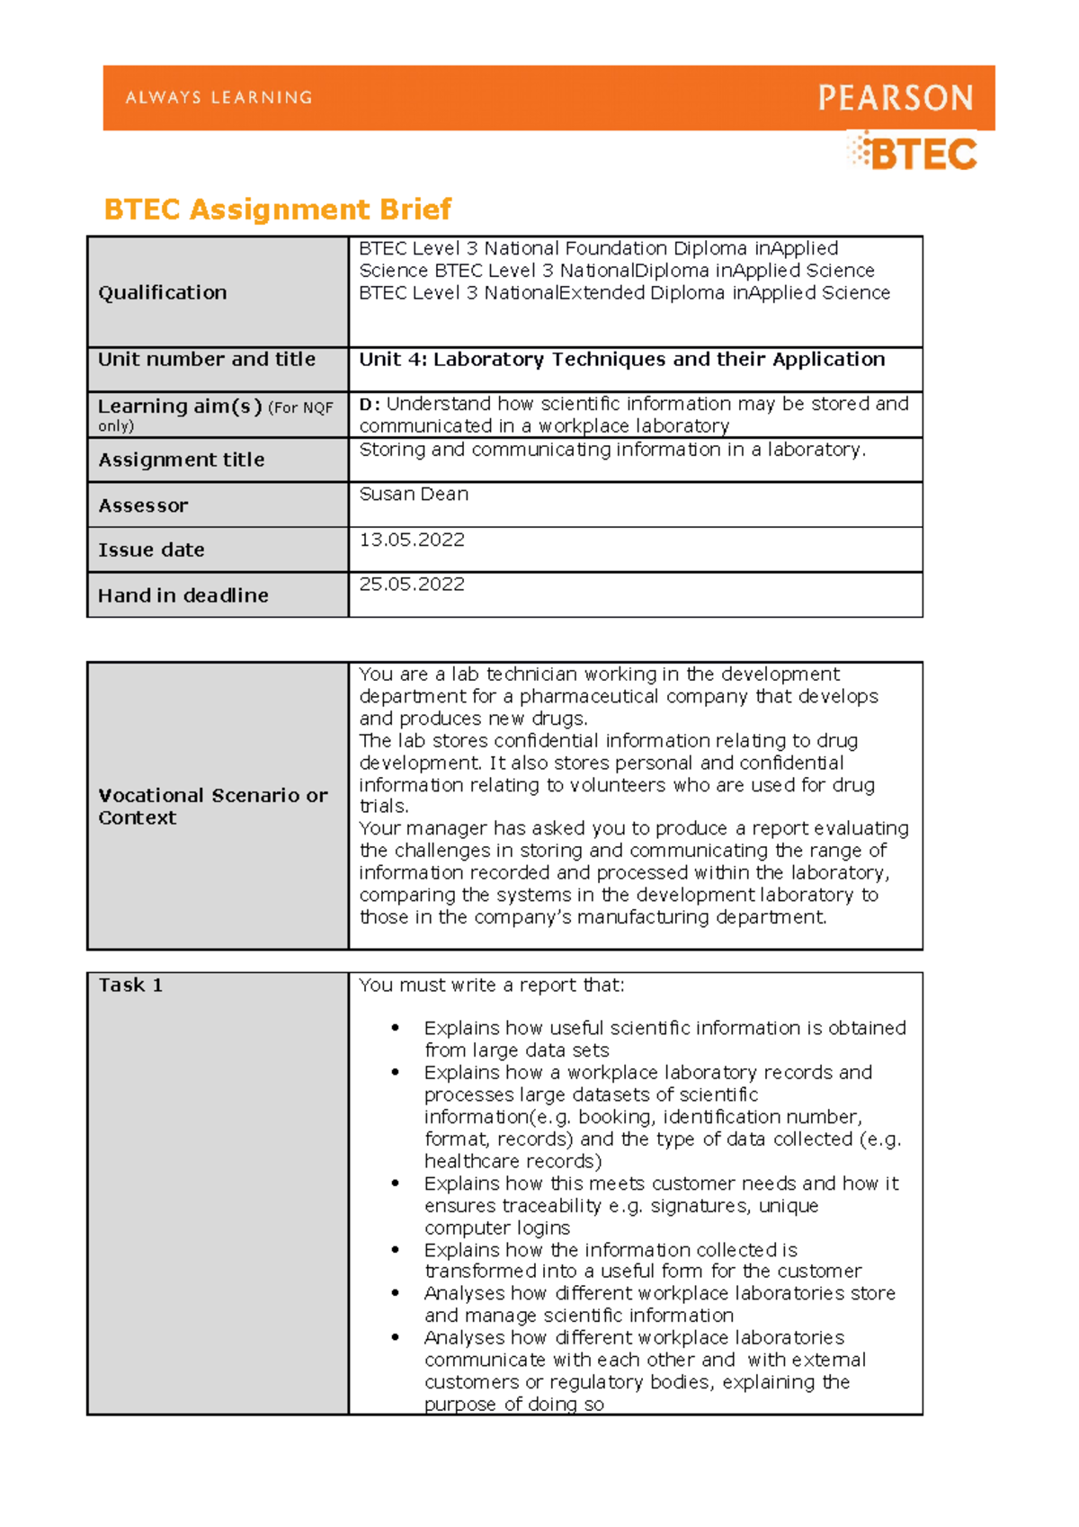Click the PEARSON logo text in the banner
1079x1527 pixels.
(x=895, y=98)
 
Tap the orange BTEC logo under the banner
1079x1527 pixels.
(x=914, y=154)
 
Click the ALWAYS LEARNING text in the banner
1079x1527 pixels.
(x=218, y=97)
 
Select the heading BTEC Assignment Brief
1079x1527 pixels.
(x=277, y=210)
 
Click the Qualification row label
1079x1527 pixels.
(x=162, y=292)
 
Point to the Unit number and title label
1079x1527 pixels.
(x=206, y=359)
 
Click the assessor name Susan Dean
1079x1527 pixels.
(x=414, y=494)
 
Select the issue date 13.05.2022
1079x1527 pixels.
(x=412, y=540)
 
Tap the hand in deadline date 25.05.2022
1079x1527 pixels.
(x=412, y=585)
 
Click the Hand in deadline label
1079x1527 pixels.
(x=183, y=595)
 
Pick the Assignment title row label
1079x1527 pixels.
(x=181, y=460)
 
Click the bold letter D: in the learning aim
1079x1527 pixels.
(x=369, y=405)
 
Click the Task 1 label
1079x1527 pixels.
(x=130, y=985)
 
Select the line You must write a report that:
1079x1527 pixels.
(x=491, y=985)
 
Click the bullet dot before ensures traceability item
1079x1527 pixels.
(x=395, y=1183)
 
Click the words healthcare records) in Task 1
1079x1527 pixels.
(x=513, y=1161)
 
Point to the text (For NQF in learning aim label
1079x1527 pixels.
(x=300, y=407)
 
